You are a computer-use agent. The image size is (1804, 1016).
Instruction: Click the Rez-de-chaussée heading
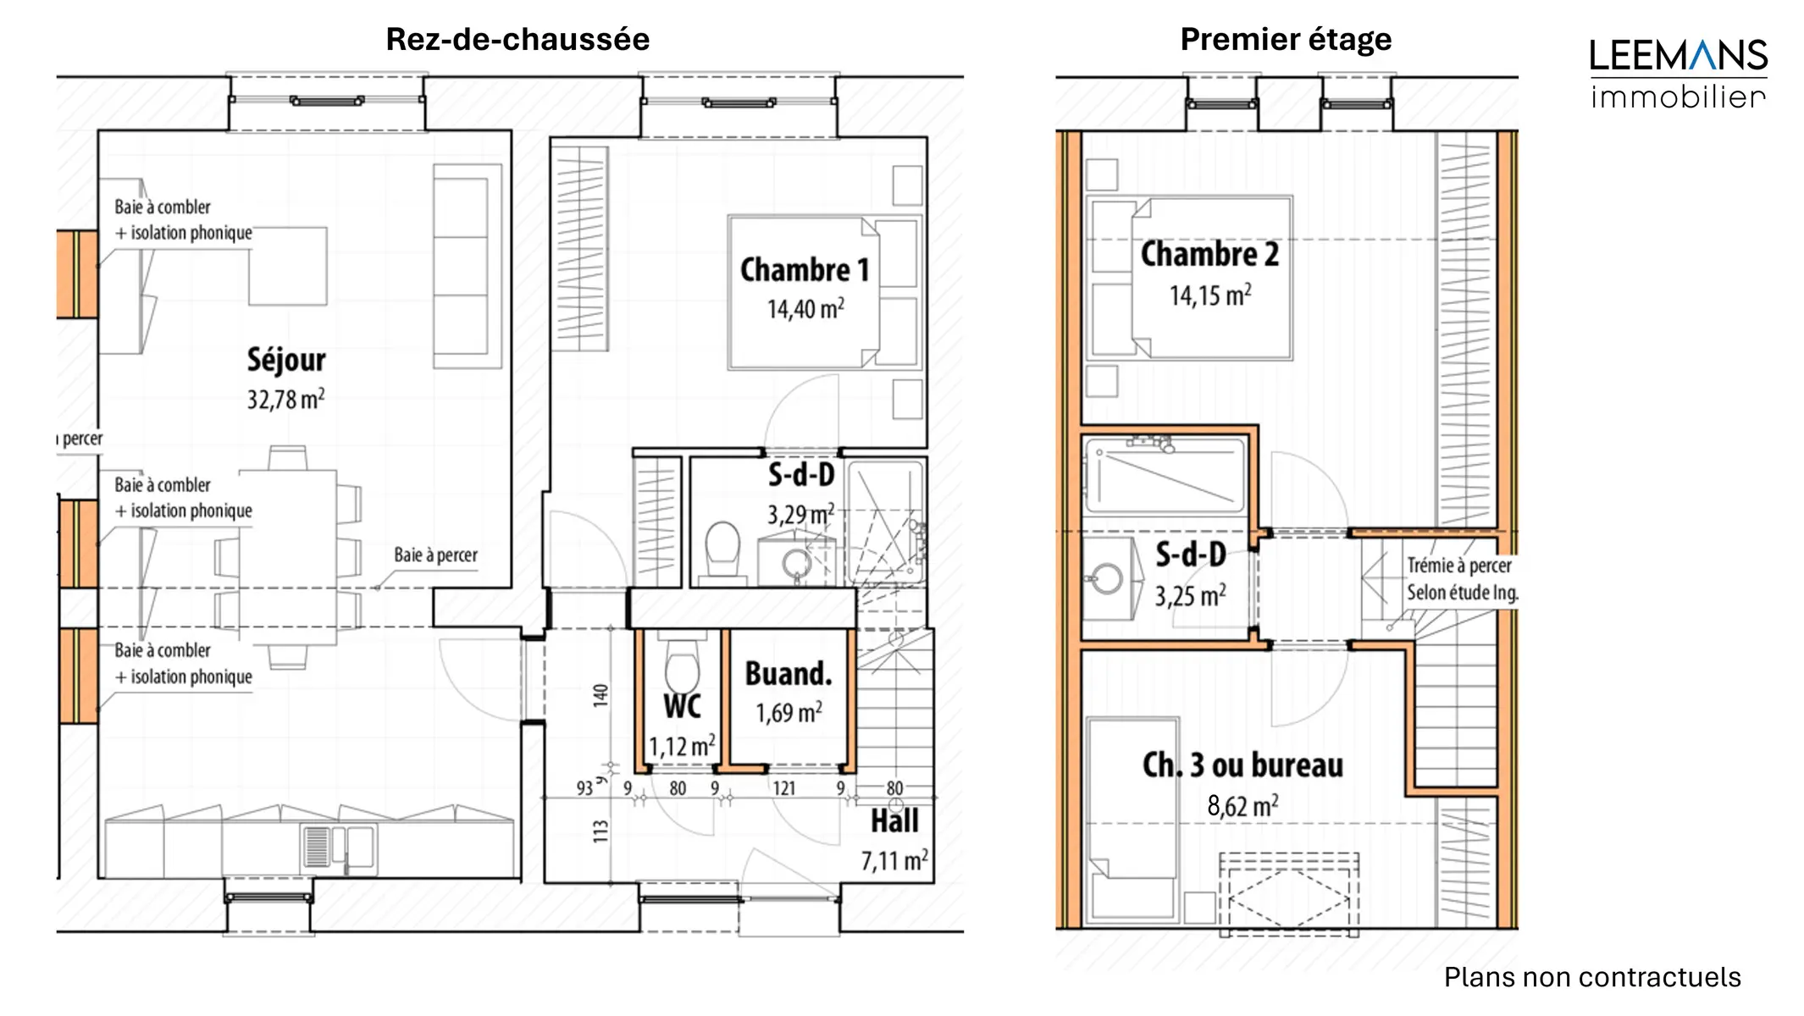point(517,40)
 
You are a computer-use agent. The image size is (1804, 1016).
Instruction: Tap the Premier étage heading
point(1286,40)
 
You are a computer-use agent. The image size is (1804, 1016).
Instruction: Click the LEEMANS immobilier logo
point(1678,74)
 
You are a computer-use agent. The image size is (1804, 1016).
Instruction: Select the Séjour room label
point(286,360)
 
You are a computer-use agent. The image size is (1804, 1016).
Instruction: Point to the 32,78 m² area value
point(286,399)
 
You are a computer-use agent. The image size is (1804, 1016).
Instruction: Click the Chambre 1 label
point(805,270)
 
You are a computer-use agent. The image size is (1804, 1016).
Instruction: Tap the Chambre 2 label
point(1209,254)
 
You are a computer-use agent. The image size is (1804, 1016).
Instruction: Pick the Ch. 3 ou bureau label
point(1242,765)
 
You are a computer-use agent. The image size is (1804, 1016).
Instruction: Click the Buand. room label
point(789,674)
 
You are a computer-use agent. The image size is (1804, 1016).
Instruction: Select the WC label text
point(682,706)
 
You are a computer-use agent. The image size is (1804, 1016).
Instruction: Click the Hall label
point(894,821)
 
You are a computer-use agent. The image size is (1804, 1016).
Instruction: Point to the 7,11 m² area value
point(894,860)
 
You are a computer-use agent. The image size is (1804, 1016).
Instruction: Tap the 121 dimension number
point(784,788)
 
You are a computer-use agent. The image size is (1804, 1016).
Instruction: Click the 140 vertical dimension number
point(600,695)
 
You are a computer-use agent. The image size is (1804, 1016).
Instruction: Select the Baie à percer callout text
point(435,555)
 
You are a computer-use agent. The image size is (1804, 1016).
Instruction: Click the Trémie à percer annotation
point(1459,566)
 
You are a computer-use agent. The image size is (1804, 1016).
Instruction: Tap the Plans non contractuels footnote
point(1592,977)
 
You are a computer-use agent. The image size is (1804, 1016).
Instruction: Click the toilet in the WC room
point(682,665)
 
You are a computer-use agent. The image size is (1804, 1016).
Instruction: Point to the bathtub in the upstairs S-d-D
point(1165,476)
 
